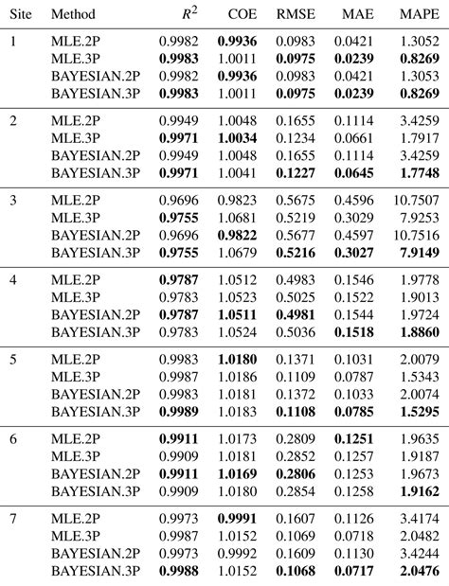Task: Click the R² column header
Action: tap(189, 14)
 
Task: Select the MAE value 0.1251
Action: tap(355, 440)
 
